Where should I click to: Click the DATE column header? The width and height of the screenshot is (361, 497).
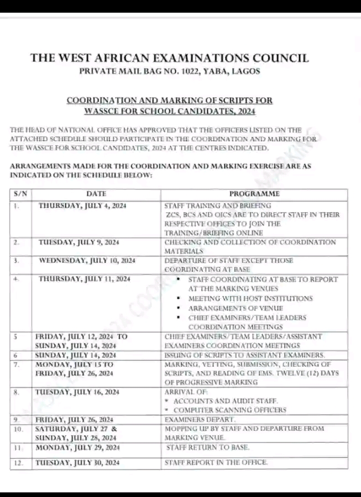[96, 194]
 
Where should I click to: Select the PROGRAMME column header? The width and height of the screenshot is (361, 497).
[254, 194]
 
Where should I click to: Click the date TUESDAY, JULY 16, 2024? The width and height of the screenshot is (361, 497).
[77, 392]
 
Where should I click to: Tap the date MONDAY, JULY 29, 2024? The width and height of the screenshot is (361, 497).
[77, 447]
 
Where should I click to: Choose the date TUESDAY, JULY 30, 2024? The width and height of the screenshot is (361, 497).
[77, 463]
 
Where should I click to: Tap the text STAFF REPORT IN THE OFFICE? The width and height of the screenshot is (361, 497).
[216, 463]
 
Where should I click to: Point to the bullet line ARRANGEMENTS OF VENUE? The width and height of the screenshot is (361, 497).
[236, 308]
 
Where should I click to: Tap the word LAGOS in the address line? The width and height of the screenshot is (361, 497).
[247, 71]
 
